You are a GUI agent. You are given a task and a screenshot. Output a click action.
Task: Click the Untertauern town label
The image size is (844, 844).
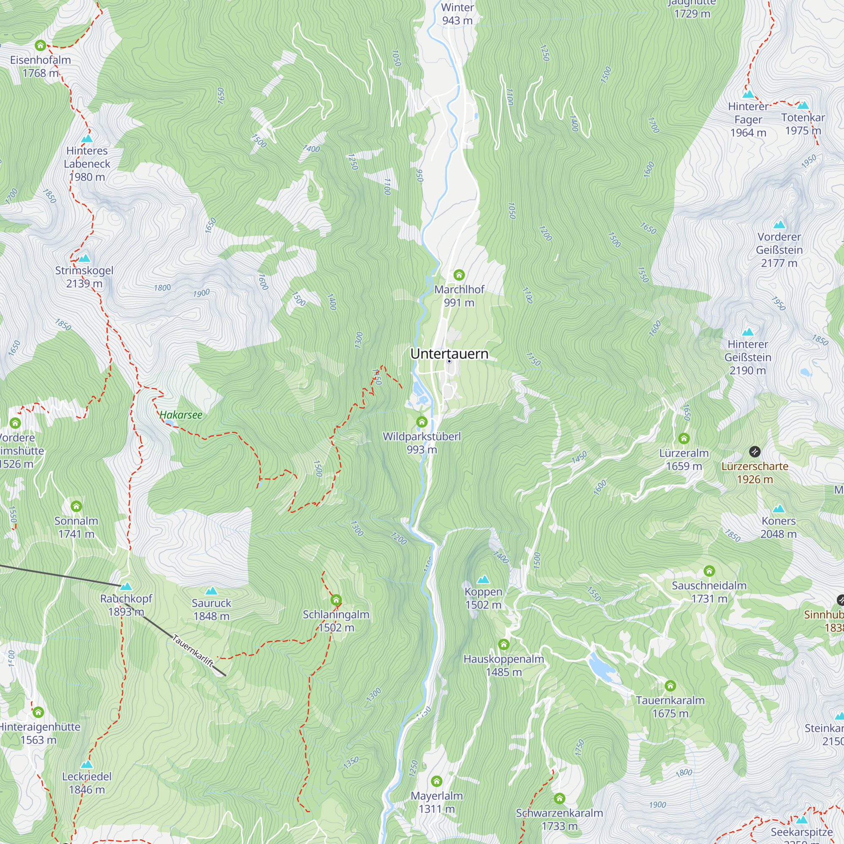(x=449, y=354)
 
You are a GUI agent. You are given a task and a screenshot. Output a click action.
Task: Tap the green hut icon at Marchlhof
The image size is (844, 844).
(x=459, y=275)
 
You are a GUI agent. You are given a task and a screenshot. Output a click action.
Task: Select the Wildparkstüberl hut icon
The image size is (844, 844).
(x=422, y=422)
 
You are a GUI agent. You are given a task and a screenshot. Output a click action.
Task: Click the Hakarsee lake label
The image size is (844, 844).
(x=181, y=415)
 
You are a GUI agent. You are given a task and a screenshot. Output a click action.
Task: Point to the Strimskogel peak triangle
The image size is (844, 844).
(x=84, y=258)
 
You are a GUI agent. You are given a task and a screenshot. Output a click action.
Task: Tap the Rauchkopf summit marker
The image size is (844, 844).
(x=126, y=586)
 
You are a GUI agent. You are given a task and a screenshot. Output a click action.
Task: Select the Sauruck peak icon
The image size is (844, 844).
(x=211, y=591)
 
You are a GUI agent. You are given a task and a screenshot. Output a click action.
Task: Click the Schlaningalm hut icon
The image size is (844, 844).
(x=336, y=599)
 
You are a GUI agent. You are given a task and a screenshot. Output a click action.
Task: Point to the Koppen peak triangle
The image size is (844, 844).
(x=483, y=580)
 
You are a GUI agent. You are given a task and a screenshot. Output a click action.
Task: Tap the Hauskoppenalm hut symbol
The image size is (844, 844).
(x=504, y=644)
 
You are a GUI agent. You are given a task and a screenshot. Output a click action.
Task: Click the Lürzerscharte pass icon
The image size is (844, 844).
(x=755, y=452)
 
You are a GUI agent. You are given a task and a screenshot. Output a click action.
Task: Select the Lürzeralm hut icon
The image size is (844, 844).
(x=684, y=438)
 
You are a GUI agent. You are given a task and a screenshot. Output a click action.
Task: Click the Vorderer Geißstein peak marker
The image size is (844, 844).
(x=779, y=225)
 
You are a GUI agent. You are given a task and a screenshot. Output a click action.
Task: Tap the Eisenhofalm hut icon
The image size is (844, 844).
(x=40, y=45)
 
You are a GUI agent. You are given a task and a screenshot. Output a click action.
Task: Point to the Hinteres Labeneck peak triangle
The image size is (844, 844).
(x=87, y=138)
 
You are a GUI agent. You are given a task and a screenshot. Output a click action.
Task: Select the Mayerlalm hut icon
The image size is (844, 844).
(x=436, y=781)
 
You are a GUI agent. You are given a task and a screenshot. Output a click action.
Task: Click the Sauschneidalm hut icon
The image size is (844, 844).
(x=709, y=571)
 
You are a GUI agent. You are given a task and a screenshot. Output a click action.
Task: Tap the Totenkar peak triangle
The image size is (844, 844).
(x=803, y=105)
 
